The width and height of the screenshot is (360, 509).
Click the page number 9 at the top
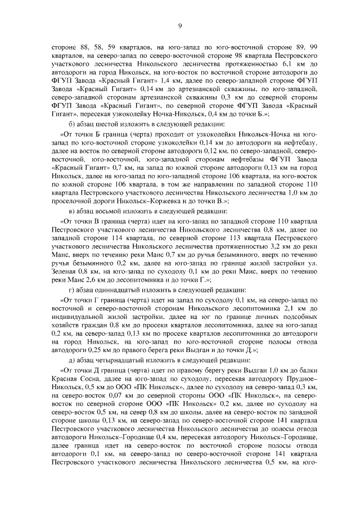click(180, 26)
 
